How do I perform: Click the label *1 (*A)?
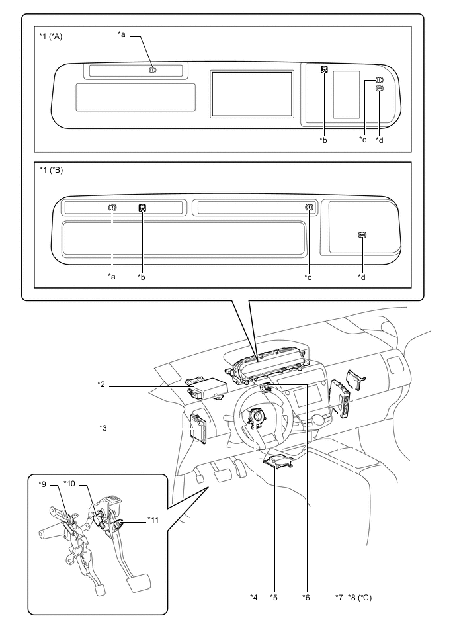pos(50,37)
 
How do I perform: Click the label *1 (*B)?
pos(51,170)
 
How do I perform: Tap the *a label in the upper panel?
pos(122,34)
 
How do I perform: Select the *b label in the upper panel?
pos(323,140)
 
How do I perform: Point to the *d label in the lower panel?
pos(361,277)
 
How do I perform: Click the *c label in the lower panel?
pos(308,277)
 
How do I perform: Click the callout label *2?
pos(101,384)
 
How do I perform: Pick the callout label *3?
pos(103,427)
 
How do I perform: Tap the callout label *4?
pos(254,598)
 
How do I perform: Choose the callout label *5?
pos(274,598)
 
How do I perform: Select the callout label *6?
pos(306,598)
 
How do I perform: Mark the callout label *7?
pos(339,598)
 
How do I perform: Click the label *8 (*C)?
pos(360,598)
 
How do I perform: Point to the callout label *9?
pos(42,484)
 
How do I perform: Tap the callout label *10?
pos(69,484)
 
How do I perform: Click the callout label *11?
pos(153,520)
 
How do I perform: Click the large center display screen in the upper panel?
pos(252,94)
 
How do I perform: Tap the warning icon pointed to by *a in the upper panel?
pos(153,70)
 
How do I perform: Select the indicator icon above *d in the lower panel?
pos(362,235)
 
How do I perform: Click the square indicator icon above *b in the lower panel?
pos(142,208)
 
